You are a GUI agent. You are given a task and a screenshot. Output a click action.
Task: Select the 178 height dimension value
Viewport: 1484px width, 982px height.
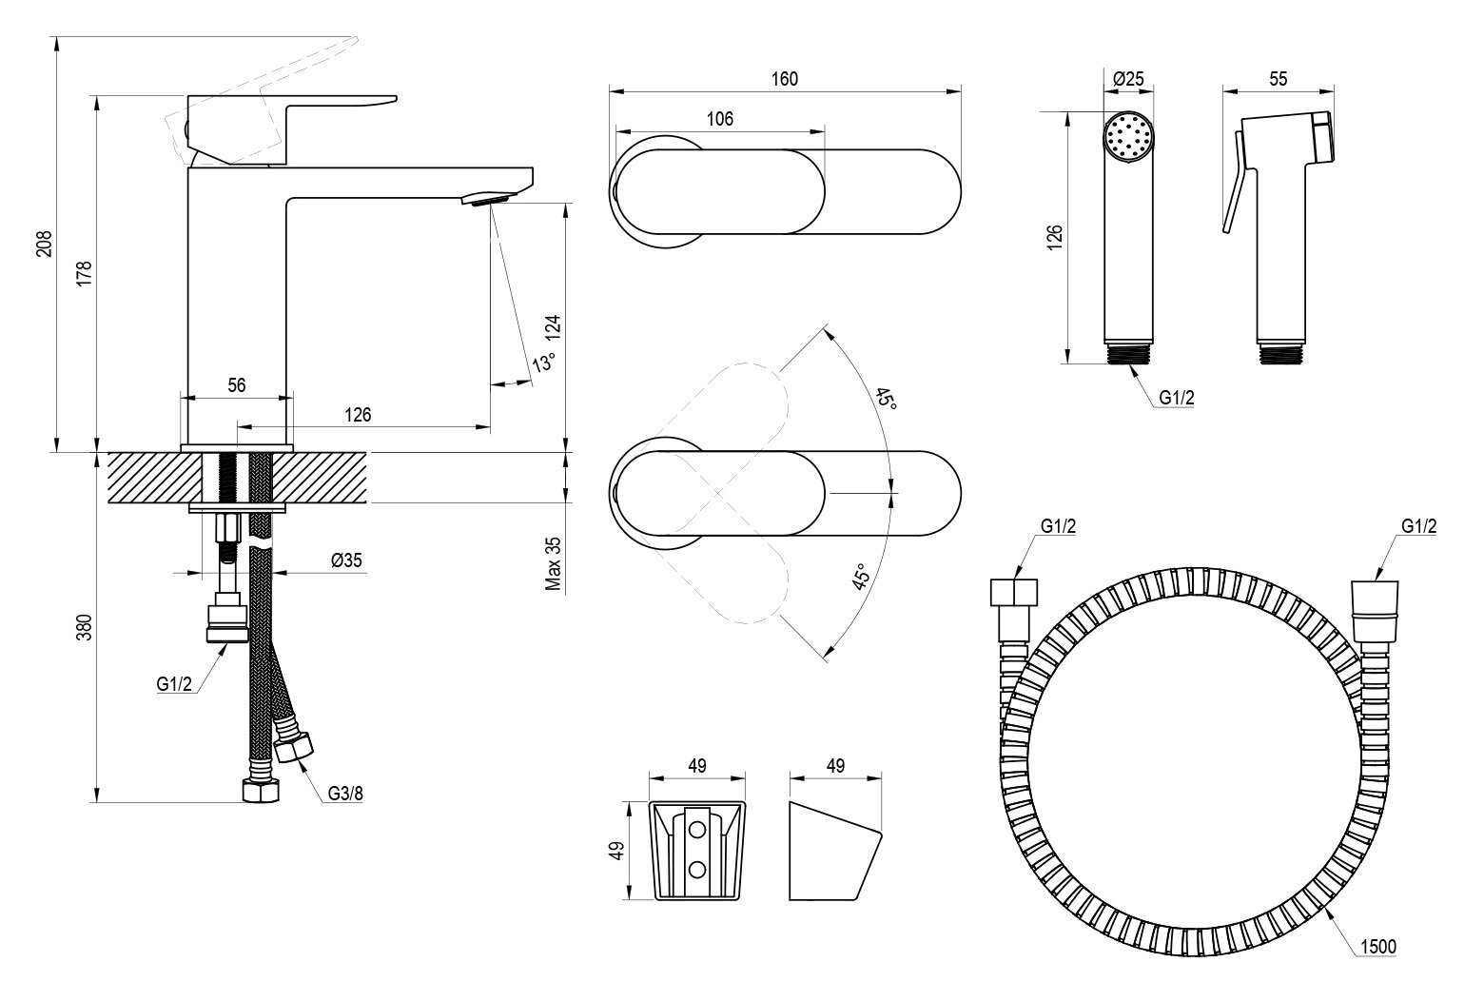[x=83, y=273]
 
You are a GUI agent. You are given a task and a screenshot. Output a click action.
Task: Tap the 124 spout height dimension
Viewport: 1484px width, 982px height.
[x=555, y=329]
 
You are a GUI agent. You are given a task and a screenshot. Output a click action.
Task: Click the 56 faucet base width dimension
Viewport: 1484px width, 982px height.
[x=237, y=385]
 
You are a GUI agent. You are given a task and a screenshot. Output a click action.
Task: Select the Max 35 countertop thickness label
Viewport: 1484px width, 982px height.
[x=554, y=562]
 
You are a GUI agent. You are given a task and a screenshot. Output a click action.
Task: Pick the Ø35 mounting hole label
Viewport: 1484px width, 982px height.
[x=346, y=561]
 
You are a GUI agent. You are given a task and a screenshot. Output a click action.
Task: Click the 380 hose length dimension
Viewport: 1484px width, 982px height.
[x=83, y=627]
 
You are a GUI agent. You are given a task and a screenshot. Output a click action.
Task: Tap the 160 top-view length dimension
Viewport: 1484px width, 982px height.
[x=783, y=79]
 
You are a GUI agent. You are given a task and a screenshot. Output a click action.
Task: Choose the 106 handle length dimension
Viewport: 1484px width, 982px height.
[x=720, y=119]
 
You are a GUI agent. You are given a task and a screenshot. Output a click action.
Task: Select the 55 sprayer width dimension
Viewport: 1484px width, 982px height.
[x=1278, y=79]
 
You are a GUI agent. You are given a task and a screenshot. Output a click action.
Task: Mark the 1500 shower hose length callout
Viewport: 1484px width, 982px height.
[x=1377, y=946]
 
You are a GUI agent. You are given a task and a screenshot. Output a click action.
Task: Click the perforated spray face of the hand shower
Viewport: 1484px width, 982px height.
[x=1128, y=135]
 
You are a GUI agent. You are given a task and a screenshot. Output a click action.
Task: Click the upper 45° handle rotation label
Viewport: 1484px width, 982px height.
[x=886, y=400]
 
